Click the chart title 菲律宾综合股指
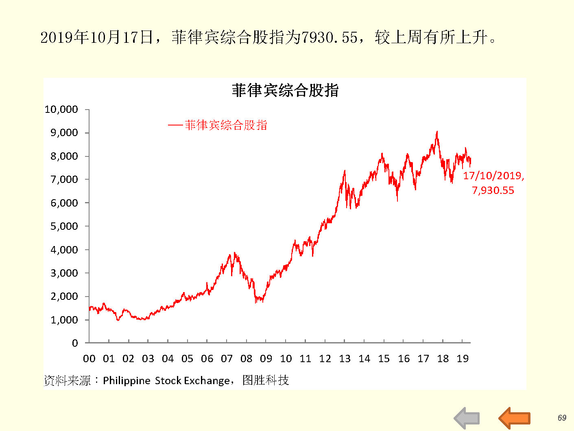click(285, 90)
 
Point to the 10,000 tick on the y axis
click(61, 110)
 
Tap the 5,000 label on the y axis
click(64, 226)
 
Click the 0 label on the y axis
click(75, 343)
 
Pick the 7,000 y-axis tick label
click(64, 180)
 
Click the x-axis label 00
click(89, 359)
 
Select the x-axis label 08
click(246, 359)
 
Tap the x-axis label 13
click(345, 359)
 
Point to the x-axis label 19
click(463, 359)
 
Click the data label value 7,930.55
click(493, 191)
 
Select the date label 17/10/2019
click(493, 176)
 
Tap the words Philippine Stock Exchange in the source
click(166, 380)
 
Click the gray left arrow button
click(467, 418)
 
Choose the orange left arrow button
click(515, 418)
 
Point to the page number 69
click(562, 418)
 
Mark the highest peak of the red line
click(437, 132)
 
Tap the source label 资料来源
click(67, 380)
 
